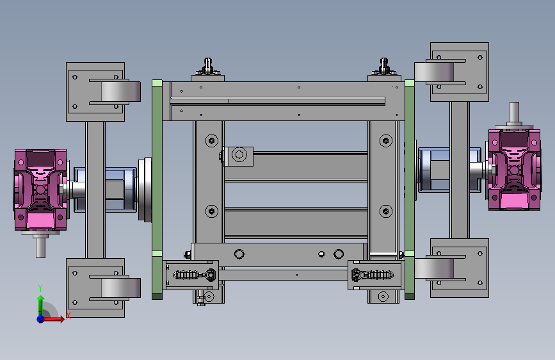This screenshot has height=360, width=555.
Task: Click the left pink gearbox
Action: click(x=40, y=190)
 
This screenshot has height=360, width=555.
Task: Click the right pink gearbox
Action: click(x=514, y=170)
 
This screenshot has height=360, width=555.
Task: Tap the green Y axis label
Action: click(x=40, y=288)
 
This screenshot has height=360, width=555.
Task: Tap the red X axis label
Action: click(x=68, y=316)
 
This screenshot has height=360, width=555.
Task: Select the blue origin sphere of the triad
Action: click(x=41, y=319)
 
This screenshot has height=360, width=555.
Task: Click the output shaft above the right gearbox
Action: click(x=514, y=112)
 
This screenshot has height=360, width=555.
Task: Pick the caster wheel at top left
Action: click(x=121, y=92)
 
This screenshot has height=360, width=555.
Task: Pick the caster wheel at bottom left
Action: click(x=121, y=288)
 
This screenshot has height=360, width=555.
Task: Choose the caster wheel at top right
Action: click(x=434, y=72)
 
